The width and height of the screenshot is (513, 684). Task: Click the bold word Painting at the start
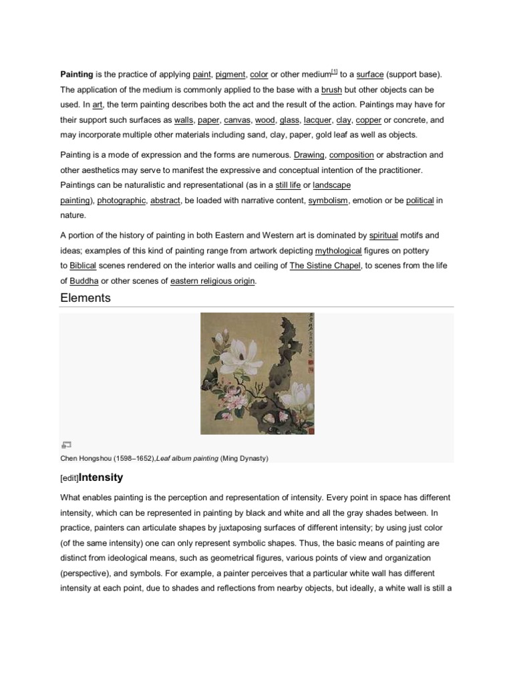point(77,75)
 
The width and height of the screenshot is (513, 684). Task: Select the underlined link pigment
point(230,75)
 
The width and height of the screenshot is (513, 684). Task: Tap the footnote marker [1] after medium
point(334,72)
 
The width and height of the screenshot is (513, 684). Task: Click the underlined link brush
point(331,90)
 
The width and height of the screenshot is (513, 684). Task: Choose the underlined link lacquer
point(317,120)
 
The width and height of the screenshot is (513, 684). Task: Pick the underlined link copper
point(368,120)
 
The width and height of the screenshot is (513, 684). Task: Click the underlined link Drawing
point(309,155)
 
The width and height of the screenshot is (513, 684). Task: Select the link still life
point(288,185)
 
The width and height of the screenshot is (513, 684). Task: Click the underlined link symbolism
point(328,200)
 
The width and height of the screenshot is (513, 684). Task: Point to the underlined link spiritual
point(383,235)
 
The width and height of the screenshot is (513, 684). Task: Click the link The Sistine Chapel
point(325,266)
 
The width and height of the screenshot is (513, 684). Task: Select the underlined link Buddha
point(84,281)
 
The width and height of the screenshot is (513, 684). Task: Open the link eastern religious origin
point(212,281)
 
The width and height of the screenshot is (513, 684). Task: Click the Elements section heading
point(85,298)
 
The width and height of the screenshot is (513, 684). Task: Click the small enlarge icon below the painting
point(65,444)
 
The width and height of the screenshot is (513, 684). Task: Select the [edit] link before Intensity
point(69,479)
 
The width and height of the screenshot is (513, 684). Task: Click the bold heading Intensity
point(101,478)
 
